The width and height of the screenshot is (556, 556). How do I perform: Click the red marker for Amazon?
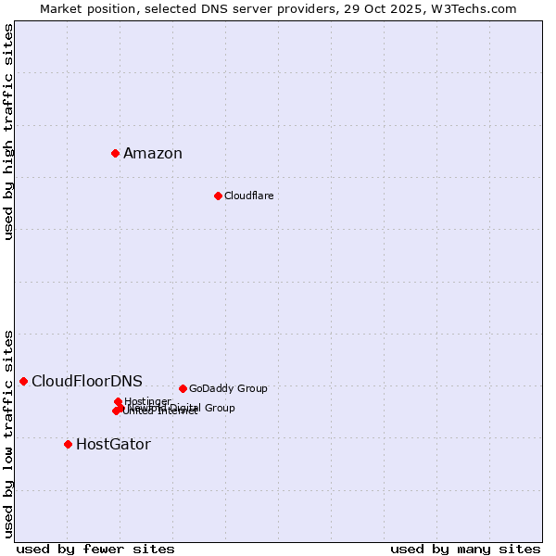[x=115, y=153]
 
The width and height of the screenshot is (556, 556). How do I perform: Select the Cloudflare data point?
[x=218, y=196]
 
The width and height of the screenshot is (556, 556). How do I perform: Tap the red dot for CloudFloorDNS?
[x=23, y=381]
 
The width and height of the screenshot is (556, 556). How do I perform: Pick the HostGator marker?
[x=68, y=444]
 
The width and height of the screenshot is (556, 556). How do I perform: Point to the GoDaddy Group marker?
[x=183, y=388]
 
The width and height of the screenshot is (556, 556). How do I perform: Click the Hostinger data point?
[x=118, y=401]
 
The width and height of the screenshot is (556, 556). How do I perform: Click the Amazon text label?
[x=153, y=154]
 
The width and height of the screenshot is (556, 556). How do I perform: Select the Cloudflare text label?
[x=248, y=196]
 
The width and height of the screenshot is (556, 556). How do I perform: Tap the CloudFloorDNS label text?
[x=87, y=382]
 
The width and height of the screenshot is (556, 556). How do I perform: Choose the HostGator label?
[x=113, y=445]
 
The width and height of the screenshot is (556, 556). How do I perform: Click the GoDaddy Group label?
[x=228, y=389]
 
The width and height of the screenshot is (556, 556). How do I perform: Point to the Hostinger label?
[x=147, y=401]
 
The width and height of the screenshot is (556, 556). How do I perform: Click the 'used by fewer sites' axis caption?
[x=95, y=549]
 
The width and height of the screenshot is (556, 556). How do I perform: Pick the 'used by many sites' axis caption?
[x=465, y=549]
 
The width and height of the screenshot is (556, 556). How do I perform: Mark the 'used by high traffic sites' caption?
[x=8, y=132]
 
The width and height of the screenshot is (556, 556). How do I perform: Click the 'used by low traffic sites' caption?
[x=8, y=434]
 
